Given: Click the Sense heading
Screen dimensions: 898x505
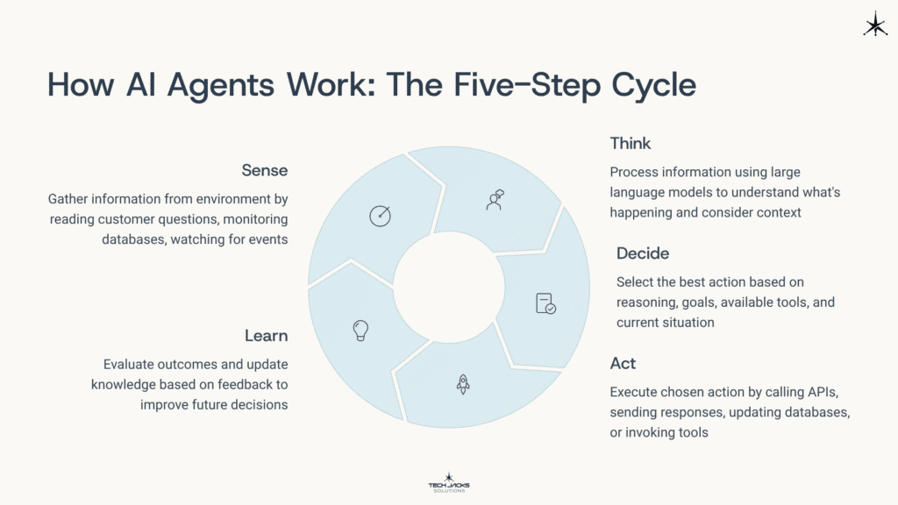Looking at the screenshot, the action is point(265,169).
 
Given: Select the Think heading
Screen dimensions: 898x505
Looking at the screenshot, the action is point(630,143).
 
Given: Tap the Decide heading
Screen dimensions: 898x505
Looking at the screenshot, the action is point(642,253).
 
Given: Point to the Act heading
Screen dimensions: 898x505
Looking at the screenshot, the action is point(623,363).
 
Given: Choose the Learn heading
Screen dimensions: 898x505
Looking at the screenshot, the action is point(266,336).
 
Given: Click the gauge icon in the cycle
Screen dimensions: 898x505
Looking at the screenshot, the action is point(379,216).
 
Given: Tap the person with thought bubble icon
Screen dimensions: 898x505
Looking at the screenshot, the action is point(495,199).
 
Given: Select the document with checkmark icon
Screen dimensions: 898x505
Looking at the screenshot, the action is point(545,303).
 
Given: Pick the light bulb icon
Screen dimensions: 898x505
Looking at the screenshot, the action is point(360,330).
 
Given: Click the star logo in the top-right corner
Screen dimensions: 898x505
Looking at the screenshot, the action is point(874,25).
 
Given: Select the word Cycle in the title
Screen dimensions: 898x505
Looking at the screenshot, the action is point(649,85).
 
